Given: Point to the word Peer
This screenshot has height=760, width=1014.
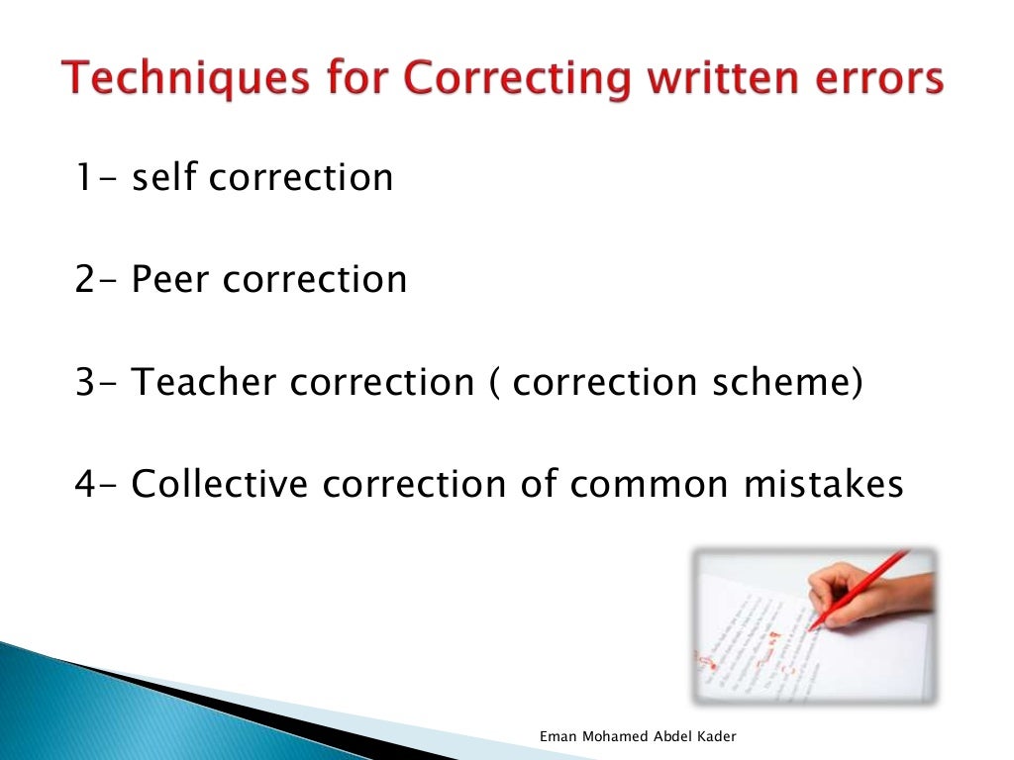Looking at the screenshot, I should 171,279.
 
